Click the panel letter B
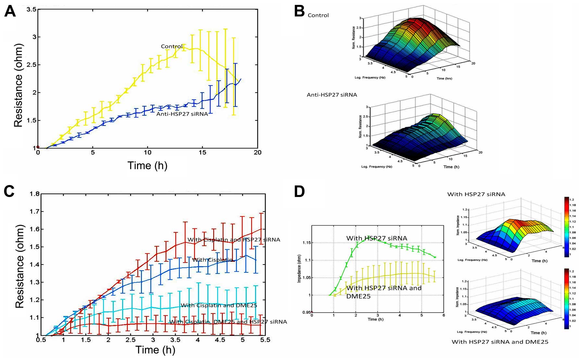pos(299,12)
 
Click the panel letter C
pos(9,192)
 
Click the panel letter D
pos(299,192)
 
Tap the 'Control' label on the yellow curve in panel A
pos(172,46)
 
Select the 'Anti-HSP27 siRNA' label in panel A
pos(182,114)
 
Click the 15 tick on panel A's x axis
pos(202,153)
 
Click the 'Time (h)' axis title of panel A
pos(147,166)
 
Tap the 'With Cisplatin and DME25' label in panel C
pos(219,305)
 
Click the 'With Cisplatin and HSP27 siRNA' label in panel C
pos(234,240)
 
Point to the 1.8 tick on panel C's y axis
pos(34,194)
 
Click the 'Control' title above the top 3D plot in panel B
pos(318,15)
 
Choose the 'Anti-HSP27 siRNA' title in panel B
pos(332,95)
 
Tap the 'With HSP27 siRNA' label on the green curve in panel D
pos(376,238)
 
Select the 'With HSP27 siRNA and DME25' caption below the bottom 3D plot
pos(500,341)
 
